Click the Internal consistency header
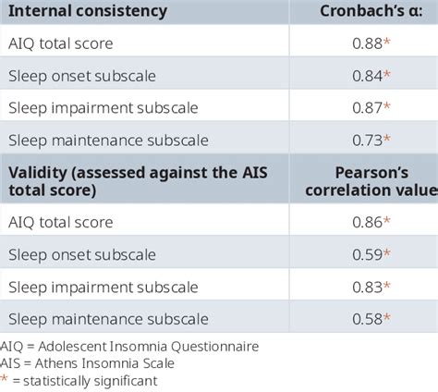click(x=86, y=12)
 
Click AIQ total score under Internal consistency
click(x=60, y=43)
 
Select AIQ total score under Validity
click(x=60, y=222)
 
